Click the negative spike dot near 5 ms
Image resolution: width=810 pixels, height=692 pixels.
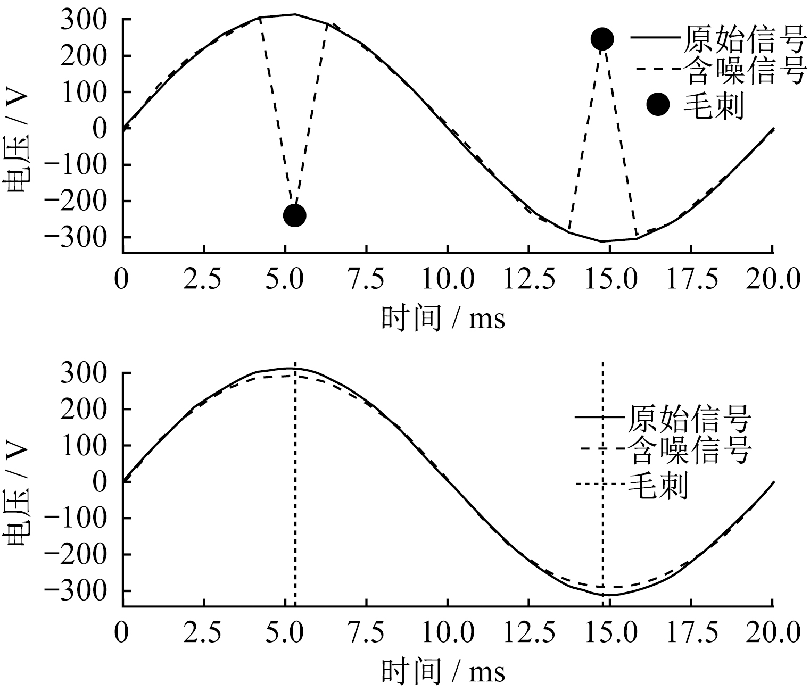click(x=294, y=215)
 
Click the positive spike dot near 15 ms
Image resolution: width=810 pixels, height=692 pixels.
click(x=602, y=38)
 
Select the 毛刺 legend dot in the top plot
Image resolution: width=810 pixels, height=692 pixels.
click(x=658, y=105)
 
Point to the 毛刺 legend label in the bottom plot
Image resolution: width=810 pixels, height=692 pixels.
click(x=658, y=484)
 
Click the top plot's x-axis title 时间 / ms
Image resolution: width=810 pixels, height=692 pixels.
click(x=443, y=319)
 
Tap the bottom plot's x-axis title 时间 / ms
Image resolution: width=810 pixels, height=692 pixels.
click(x=443, y=671)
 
